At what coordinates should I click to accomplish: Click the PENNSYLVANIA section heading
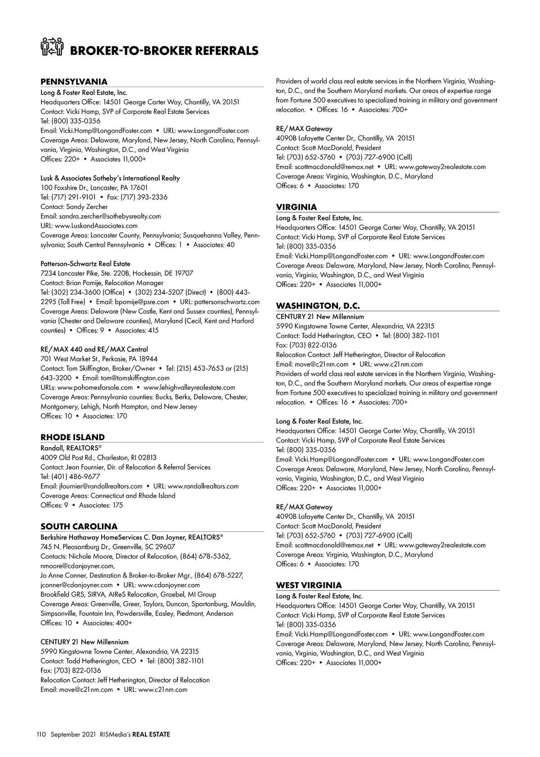click(74, 82)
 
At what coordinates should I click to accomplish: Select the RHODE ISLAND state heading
click(72, 437)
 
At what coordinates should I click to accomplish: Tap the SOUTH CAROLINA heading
click(79, 526)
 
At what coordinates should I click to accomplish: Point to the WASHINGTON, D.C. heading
click(318, 306)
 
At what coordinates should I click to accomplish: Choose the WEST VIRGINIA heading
click(309, 585)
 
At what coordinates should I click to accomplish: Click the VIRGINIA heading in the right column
click(296, 207)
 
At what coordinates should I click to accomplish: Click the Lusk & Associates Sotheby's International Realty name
click(110, 178)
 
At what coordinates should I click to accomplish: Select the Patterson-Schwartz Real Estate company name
click(85, 264)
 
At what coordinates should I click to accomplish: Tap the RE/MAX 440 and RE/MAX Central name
click(94, 350)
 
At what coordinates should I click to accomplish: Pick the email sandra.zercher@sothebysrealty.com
click(110, 216)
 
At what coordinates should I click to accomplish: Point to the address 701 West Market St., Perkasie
click(99, 359)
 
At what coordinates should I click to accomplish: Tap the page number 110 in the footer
click(41, 734)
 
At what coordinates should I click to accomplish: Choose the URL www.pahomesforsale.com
click(95, 388)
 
